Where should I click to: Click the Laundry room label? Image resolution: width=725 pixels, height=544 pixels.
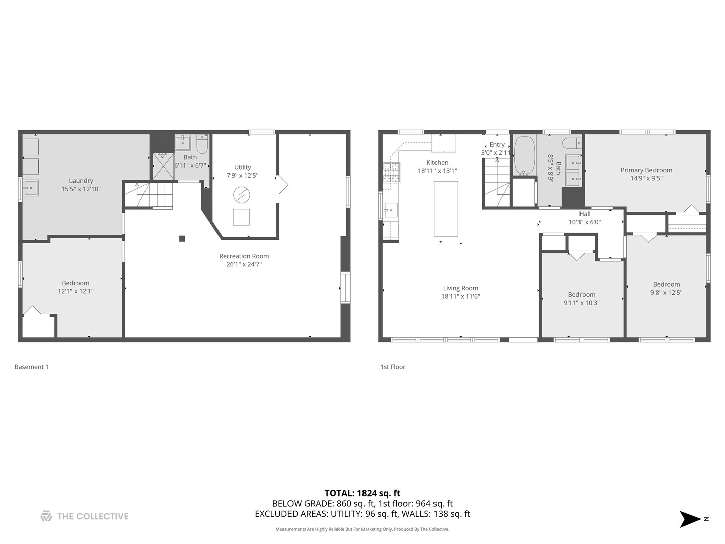click(x=81, y=181)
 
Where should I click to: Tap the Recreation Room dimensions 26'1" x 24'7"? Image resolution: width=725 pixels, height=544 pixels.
click(x=244, y=264)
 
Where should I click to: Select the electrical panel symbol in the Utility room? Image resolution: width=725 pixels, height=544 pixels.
click(x=242, y=194)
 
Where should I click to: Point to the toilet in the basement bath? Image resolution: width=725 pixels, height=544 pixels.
click(x=202, y=144)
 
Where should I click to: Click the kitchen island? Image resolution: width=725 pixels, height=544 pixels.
click(x=446, y=209)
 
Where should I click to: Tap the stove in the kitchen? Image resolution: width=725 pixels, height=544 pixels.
click(x=391, y=172)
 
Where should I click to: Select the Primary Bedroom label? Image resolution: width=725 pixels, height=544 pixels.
click(x=646, y=170)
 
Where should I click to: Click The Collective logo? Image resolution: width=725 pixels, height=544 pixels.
click(x=85, y=516)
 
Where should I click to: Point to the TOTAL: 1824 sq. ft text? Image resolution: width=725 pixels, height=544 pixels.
click(x=362, y=493)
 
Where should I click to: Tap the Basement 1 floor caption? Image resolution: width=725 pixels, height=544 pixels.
click(x=32, y=367)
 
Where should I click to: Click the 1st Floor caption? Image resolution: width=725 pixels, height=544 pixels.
click(x=393, y=367)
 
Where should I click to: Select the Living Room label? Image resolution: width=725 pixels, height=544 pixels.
click(x=460, y=288)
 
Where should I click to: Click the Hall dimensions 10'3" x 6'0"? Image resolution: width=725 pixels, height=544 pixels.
click(x=585, y=222)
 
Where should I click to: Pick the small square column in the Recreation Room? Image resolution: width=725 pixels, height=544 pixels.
click(x=182, y=239)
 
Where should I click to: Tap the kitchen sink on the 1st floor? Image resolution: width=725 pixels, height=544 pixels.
click(x=391, y=210)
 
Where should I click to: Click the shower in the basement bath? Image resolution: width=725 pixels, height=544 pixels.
click(x=163, y=167)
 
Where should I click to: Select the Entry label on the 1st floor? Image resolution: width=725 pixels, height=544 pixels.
click(x=497, y=145)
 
